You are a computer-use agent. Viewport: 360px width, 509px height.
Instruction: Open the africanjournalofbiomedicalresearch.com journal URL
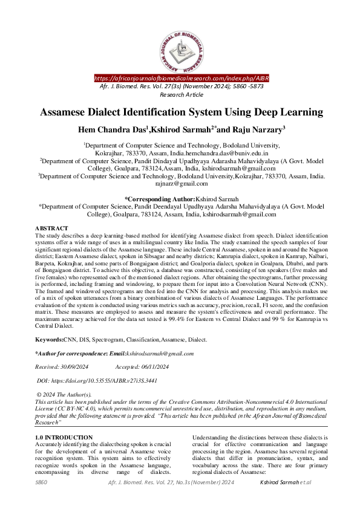point(182,79)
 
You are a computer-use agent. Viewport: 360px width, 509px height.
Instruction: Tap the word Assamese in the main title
point(68,112)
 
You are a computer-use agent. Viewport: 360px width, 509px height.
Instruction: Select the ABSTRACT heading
point(51,228)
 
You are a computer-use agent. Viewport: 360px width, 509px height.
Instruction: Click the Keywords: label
point(51,341)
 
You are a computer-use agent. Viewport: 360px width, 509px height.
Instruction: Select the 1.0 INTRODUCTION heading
point(64,437)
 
